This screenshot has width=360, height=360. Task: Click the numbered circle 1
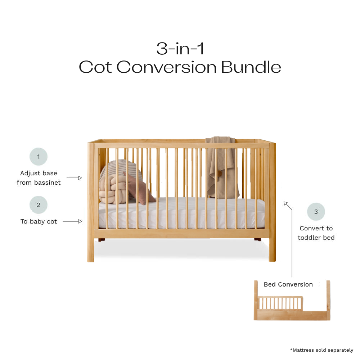point(39,157)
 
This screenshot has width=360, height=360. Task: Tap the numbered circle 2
point(39,205)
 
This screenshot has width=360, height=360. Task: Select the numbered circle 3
point(316,212)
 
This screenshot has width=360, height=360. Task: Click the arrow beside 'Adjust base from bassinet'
point(75,178)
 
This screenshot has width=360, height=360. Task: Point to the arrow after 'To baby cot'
point(73,221)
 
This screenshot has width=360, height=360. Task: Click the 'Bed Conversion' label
point(288,284)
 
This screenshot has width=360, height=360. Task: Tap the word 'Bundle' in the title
point(251,67)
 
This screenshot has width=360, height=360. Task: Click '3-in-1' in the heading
point(180,48)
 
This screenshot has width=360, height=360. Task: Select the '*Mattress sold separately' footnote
point(321,350)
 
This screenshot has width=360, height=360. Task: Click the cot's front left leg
point(91,248)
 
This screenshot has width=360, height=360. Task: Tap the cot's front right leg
point(272,248)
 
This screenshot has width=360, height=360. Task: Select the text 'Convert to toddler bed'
point(316,233)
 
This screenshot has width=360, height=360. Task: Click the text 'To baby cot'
point(39,221)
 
